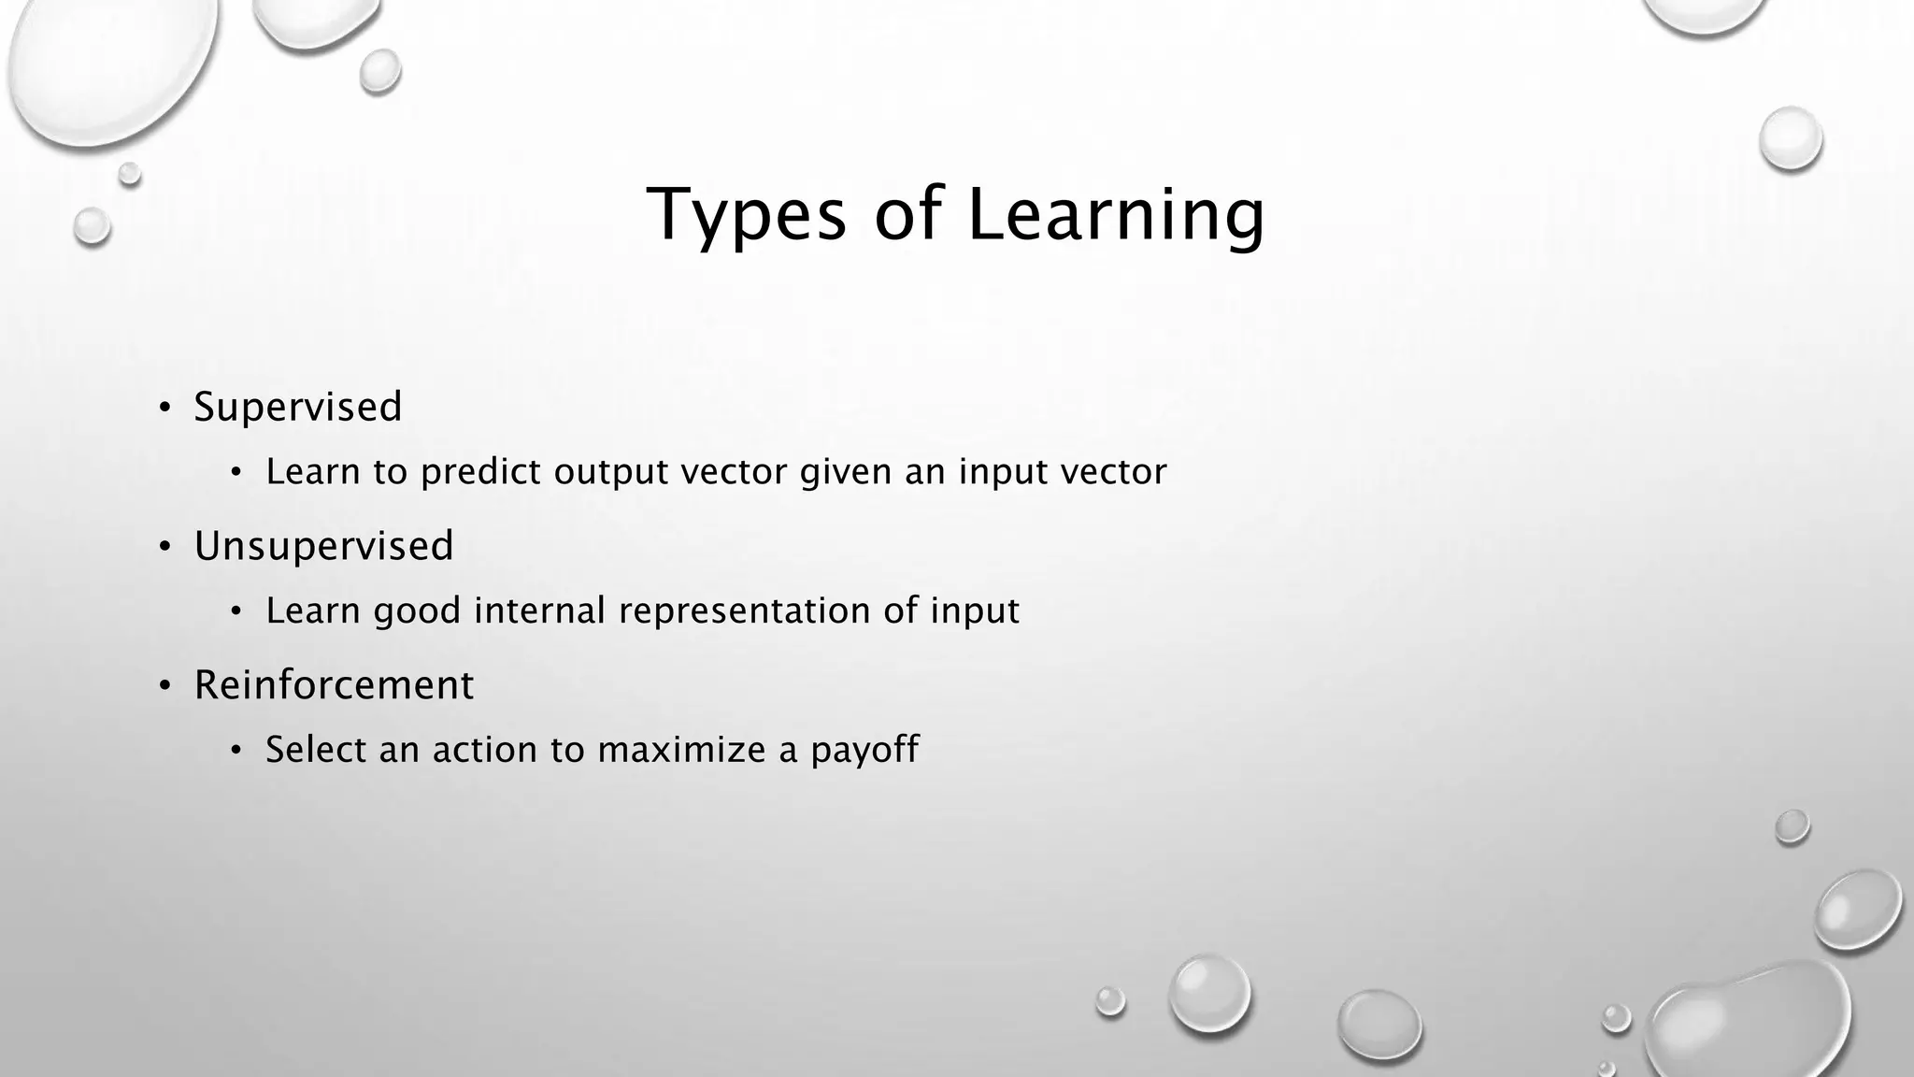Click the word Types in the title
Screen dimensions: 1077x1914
point(746,215)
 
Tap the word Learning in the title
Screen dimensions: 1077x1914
point(1116,215)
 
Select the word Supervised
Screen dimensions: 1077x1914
point(298,407)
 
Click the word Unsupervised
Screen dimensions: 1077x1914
point(323,546)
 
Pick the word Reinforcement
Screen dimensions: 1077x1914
point(334,685)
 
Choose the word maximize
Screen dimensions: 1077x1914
point(681,750)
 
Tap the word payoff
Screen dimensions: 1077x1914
point(864,751)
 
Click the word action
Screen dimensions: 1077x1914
point(485,750)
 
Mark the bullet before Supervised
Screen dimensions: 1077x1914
point(164,408)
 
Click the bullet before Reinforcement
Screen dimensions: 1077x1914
point(164,686)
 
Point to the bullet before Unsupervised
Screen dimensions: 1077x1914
point(164,547)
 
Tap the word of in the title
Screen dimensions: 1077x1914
point(907,215)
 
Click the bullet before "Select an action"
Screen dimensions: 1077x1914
point(236,751)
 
